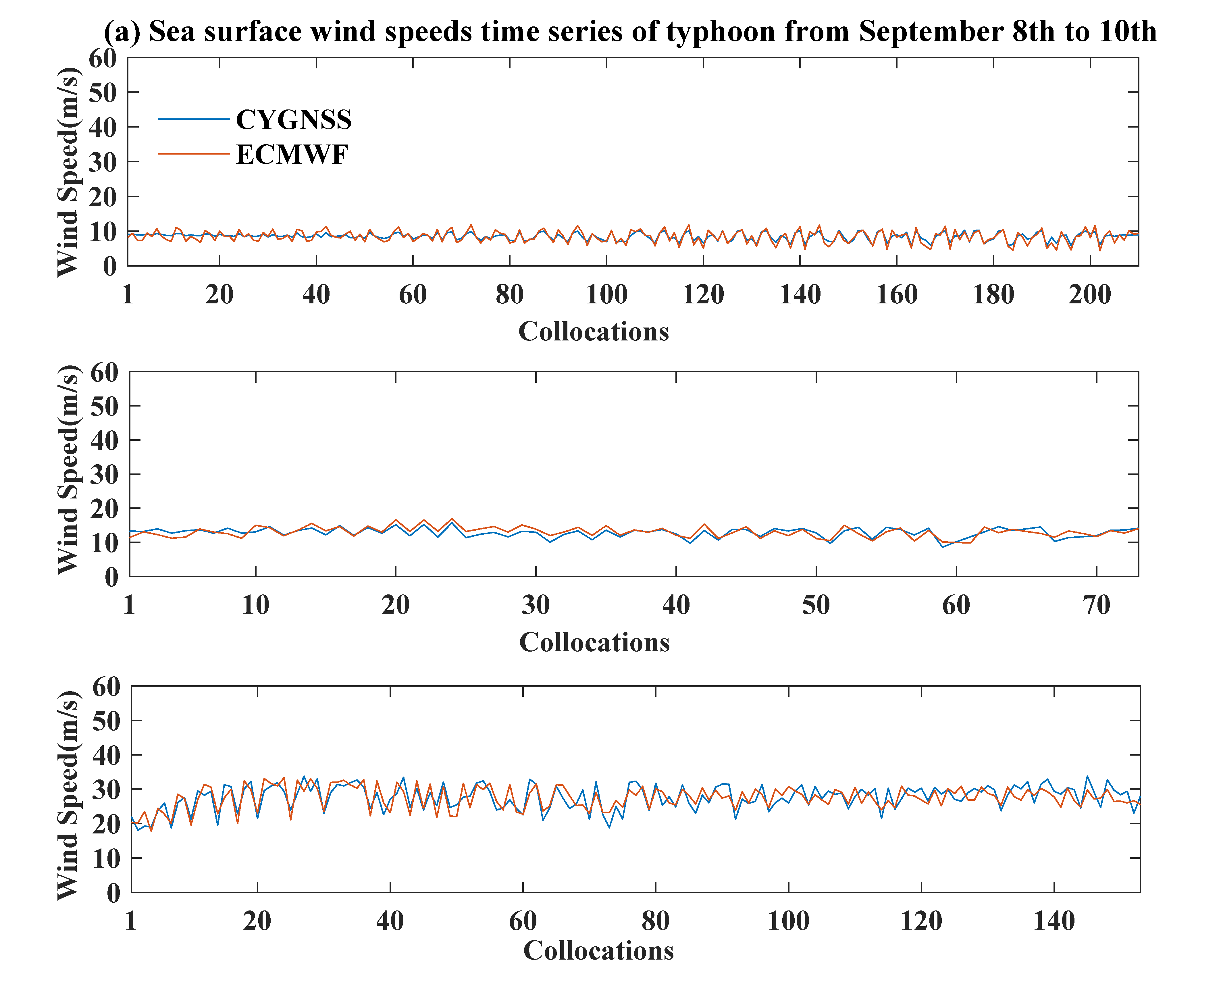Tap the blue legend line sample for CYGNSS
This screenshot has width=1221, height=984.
[x=194, y=119]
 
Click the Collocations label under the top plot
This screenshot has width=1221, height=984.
[x=594, y=332]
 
